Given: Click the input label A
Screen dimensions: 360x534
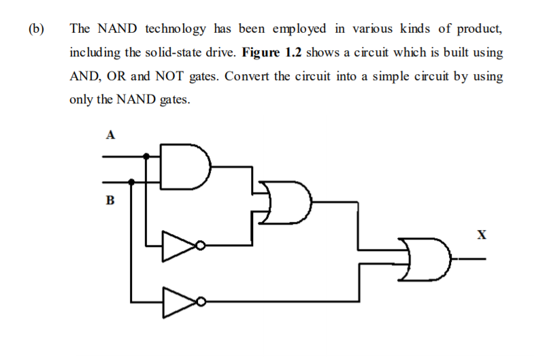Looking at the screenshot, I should (110, 134).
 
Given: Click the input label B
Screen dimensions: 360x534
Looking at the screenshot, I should (110, 201).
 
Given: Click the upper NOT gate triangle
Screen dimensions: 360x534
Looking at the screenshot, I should (177, 245).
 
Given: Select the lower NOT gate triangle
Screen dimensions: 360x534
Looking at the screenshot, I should (177, 300).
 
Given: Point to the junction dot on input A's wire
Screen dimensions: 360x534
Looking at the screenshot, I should (147, 156).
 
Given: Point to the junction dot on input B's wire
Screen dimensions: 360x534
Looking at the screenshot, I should (131, 182).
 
